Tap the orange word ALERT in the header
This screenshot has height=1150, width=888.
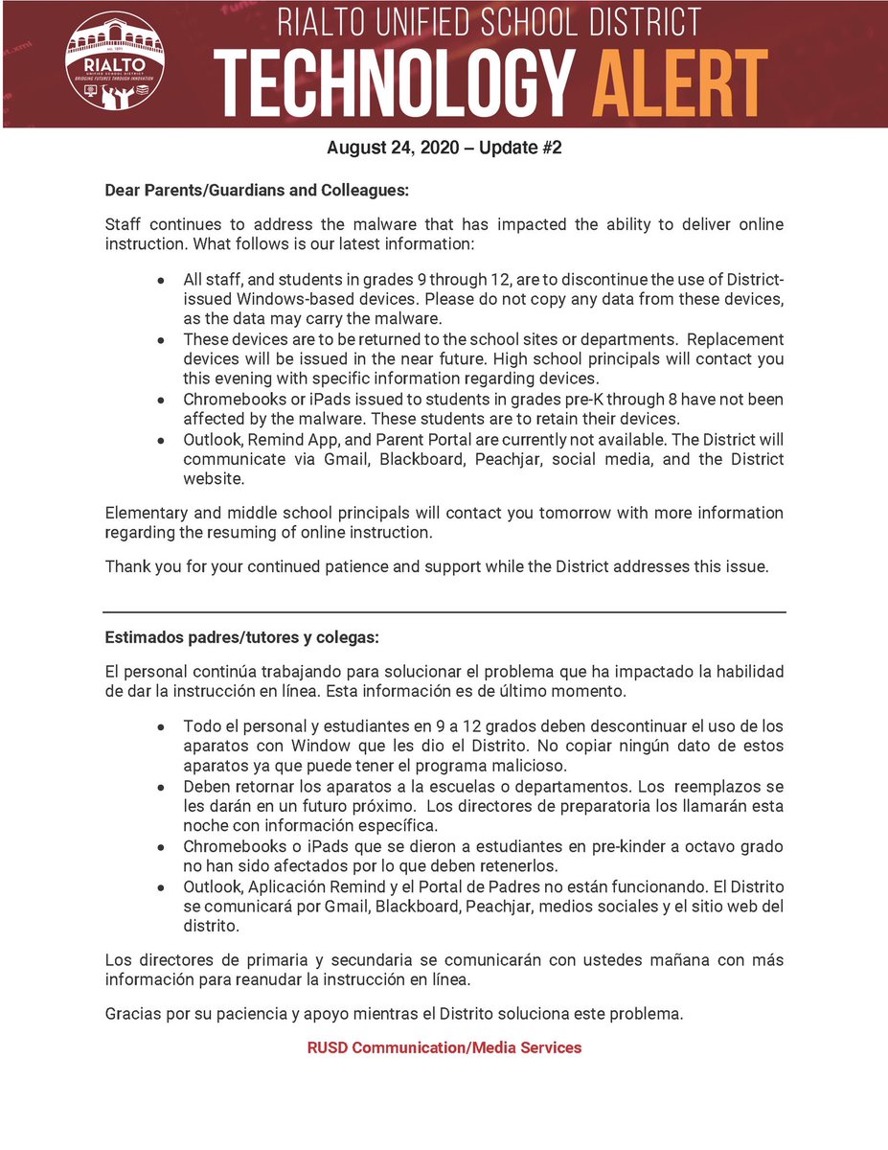tap(679, 81)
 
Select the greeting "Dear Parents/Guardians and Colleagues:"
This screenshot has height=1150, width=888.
tap(257, 191)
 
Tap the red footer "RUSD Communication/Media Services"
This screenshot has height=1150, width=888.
tap(444, 1047)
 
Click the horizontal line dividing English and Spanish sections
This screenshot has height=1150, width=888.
tap(444, 612)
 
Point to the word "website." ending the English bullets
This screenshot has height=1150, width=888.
tap(215, 479)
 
